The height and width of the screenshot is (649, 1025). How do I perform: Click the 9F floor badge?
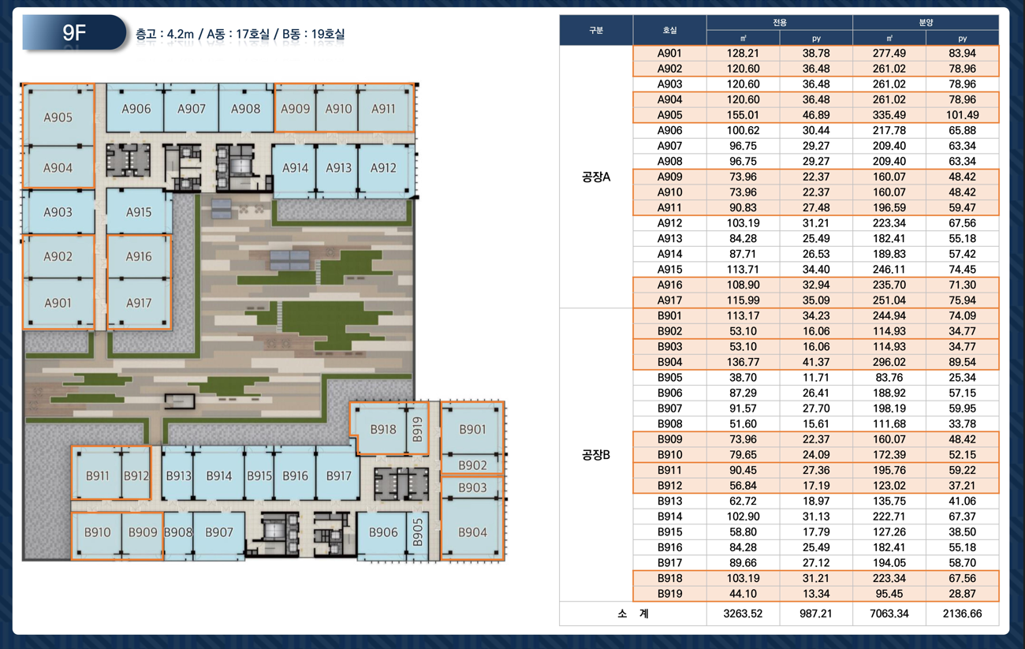click(74, 32)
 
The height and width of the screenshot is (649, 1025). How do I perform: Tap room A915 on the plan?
click(139, 212)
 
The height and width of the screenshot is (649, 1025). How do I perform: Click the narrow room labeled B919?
click(417, 429)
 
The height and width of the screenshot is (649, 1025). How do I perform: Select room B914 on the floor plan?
click(219, 475)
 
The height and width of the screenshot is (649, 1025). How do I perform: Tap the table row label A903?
click(669, 84)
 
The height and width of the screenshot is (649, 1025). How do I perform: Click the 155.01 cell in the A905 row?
click(743, 115)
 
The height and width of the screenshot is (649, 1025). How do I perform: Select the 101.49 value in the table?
click(962, 115)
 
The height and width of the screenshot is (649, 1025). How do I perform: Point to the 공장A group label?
click(596, 177)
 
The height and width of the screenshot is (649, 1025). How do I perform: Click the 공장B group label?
click(596, 455)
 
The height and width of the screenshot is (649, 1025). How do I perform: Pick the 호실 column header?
click(669, 30)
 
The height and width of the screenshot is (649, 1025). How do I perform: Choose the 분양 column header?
click(926, 22)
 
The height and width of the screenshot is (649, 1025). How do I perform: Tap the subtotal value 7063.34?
click(889, 614)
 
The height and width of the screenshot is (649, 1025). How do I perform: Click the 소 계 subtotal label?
click(633, 614)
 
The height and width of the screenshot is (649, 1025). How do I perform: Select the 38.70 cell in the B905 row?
click(743, 378)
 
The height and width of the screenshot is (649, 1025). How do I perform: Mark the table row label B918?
click(669, 578)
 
